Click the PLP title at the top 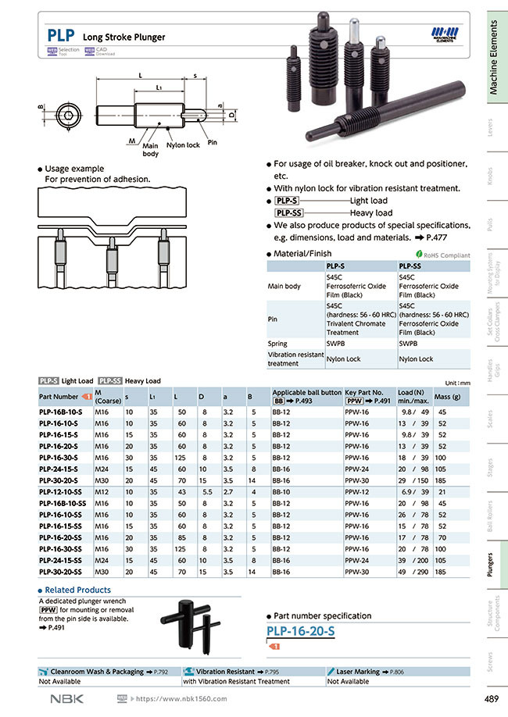tap(61, 35)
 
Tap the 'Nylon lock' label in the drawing tap(183, 145)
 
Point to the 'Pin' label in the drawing tap(212, 142)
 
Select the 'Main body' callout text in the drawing tap(150, 150)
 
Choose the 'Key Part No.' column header tap(364, 392)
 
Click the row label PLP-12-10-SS tap(62, 493)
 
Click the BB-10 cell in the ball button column tap(281, 493)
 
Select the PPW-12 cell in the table tap(356, 493)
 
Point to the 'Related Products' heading tap(77, 590)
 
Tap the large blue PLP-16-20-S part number tap(301, 631)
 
